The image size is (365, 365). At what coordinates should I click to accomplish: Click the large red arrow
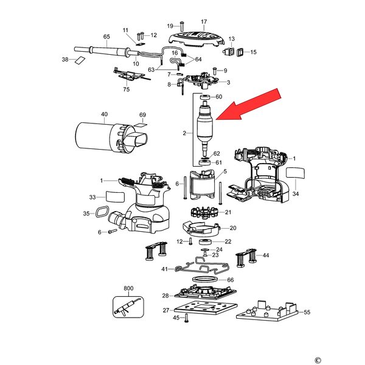click(x=248, y=105)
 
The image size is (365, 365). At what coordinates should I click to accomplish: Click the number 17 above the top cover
click(x=204, y=21)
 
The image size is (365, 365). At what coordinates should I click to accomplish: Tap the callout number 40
click(x=104, y=114)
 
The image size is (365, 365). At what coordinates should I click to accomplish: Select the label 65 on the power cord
click(x=106, y=37)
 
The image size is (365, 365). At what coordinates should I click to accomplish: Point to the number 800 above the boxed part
click(x=128, y=287)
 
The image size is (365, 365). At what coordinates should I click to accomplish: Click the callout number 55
click(x=307, y=311)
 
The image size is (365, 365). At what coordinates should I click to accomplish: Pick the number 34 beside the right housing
click(x=296, y=194)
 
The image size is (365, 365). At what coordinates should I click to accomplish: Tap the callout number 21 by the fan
click(x=228, y=212)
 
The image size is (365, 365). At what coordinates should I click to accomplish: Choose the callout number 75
click(x=127, y=89)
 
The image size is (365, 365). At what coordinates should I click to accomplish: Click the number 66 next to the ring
click(x=230, y=280)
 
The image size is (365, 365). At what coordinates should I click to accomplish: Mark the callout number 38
click(x=65, y=60)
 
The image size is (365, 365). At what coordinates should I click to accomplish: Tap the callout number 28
click(x=165, y=296)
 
